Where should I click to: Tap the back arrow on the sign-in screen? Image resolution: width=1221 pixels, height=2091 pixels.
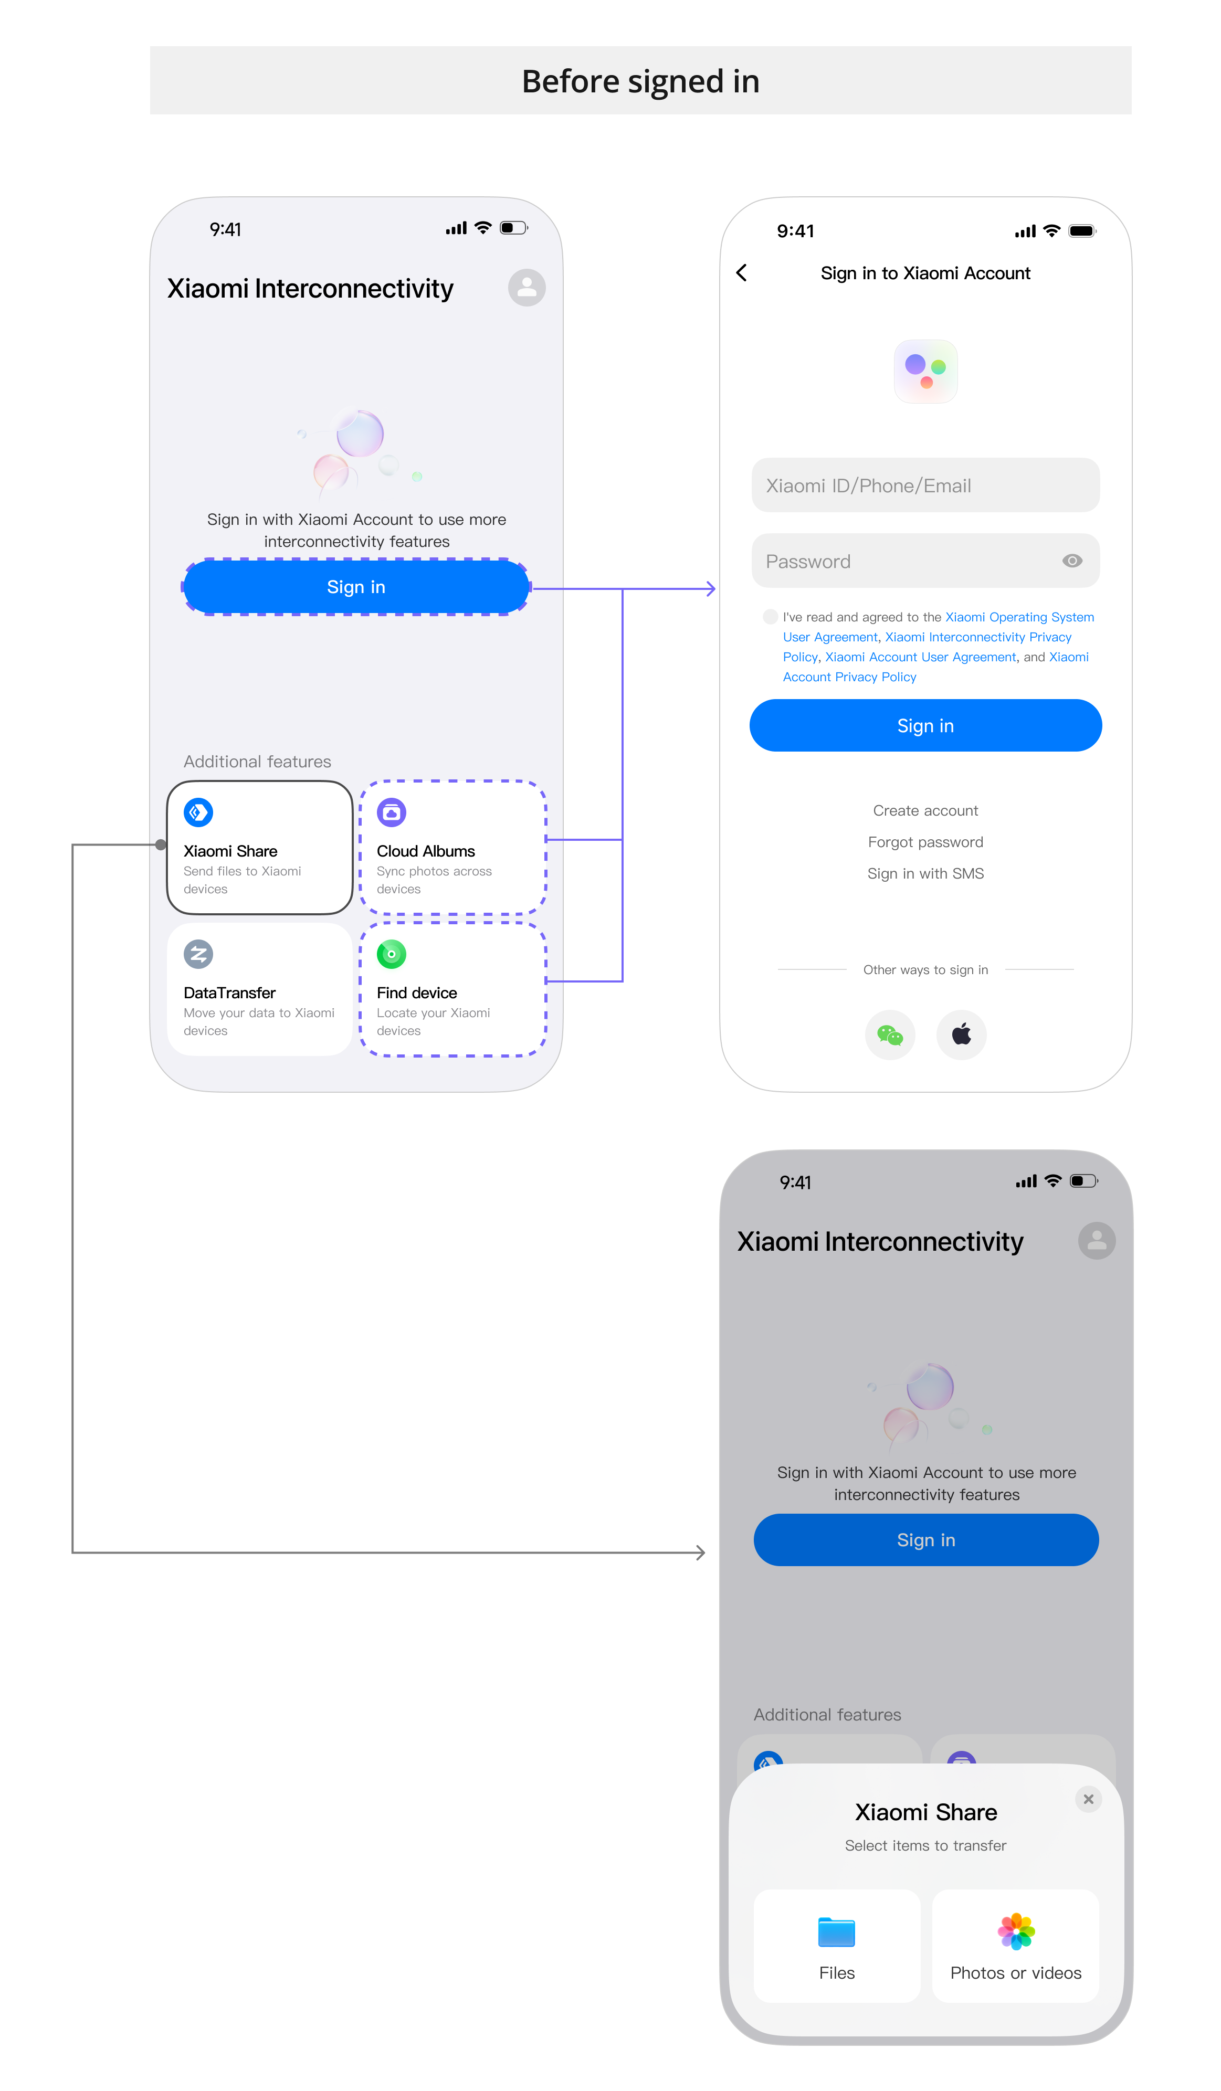click(x=741, y=273)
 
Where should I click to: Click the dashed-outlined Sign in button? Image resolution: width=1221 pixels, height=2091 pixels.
click(x=356, y=587)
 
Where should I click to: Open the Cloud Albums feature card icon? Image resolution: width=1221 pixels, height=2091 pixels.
click(x=392, y=812)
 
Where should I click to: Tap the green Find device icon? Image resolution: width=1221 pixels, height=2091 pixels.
click(x=392, y=954)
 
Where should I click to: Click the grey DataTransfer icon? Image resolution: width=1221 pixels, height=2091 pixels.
click(x=198, y=954)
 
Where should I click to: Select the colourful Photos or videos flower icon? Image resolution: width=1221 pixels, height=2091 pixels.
click(x=1016, y=1931)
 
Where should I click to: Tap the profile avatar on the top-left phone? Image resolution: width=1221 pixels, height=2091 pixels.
click(x=527, y=288)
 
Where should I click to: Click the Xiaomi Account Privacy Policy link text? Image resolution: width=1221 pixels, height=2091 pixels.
click(x=850, y=677)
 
